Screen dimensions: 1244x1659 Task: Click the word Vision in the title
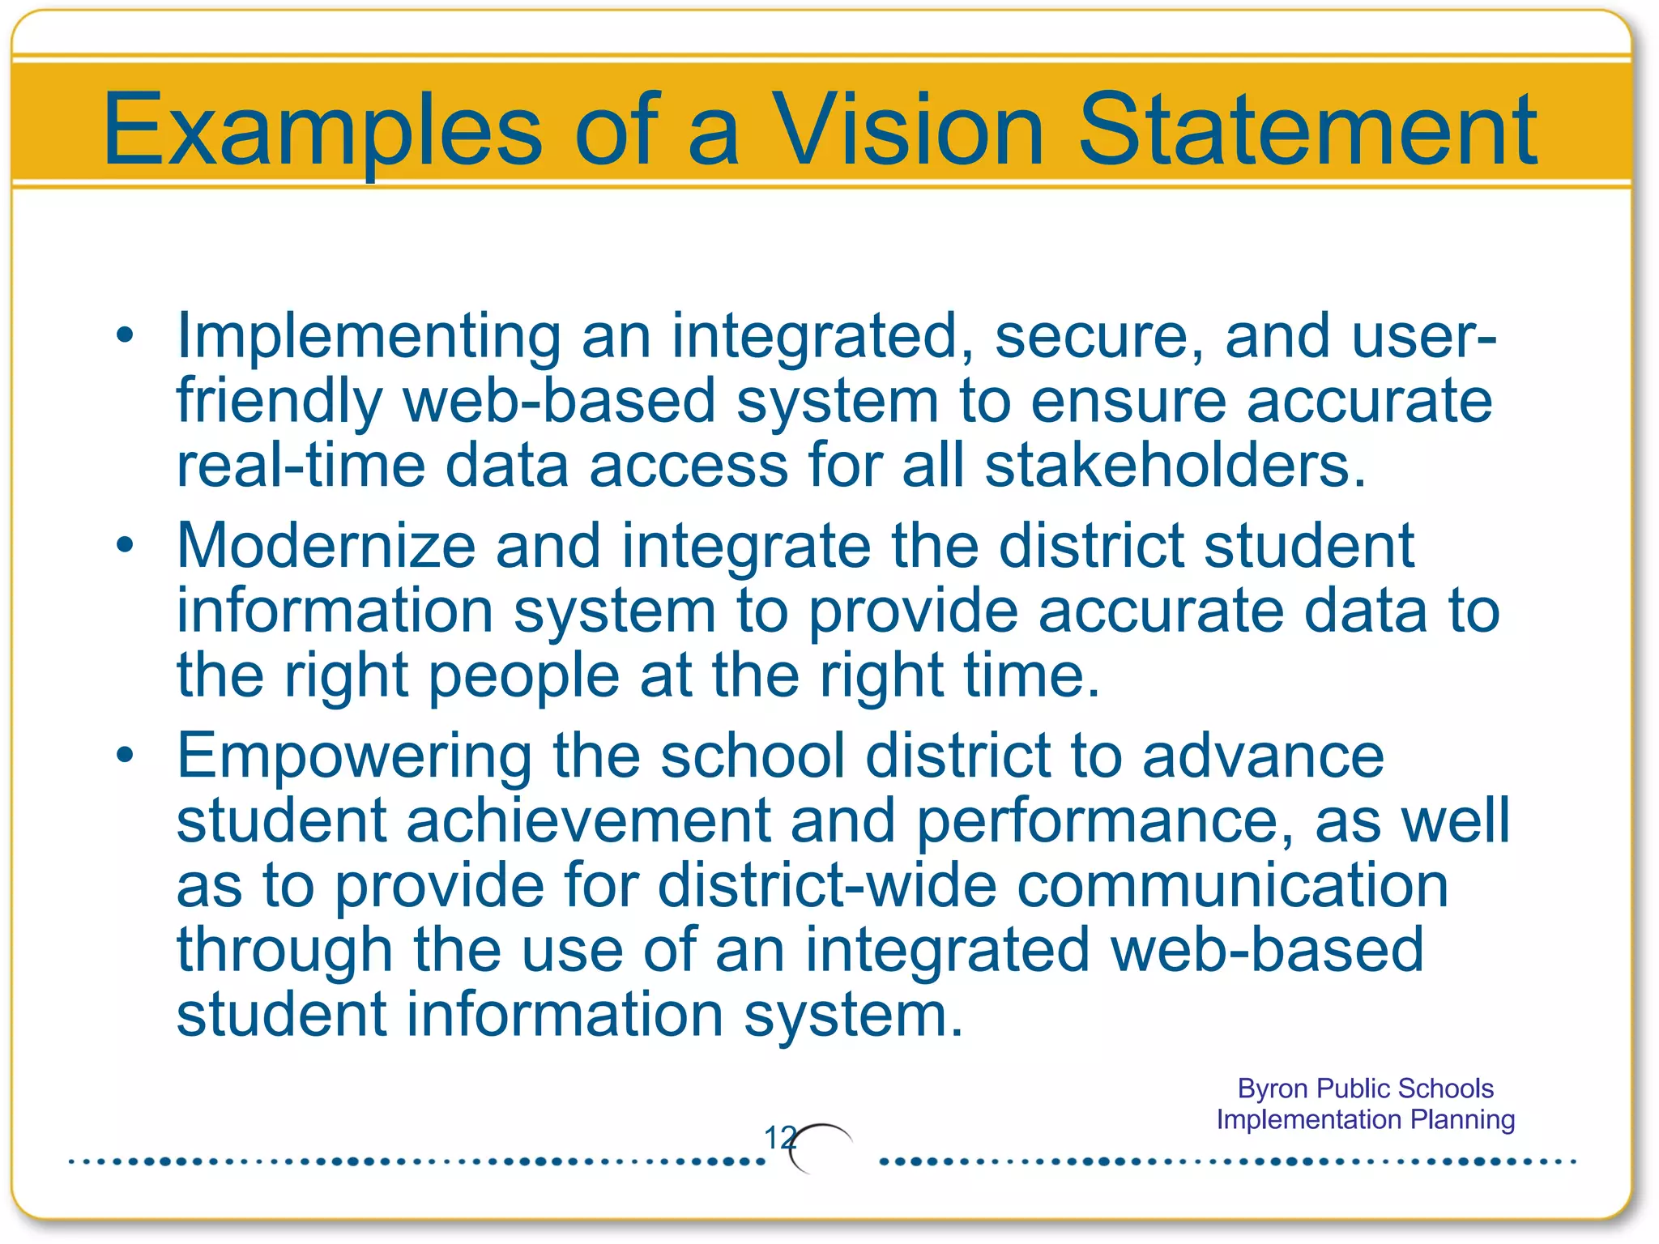(908, 130)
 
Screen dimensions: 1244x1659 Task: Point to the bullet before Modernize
(124, 544)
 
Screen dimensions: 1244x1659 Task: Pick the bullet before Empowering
(124, 755)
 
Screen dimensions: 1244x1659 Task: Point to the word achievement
(588, 820)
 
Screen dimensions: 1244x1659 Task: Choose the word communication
(1232, 885)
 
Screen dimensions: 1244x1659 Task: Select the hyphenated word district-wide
(827, 885)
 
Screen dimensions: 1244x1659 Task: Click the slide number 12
(779, 1137)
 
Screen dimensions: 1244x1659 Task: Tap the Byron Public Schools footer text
(1365, 1088)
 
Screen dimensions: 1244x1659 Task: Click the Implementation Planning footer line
(1365, 1119)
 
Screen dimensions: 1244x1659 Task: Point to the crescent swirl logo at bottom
(820, 1147)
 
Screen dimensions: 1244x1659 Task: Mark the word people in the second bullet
(523, 677)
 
